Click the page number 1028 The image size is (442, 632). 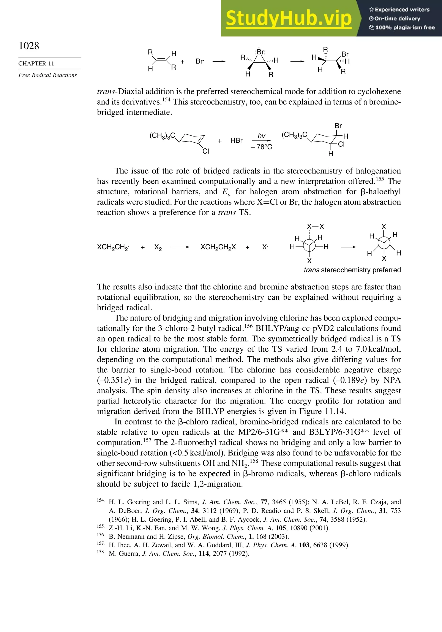(29, 46)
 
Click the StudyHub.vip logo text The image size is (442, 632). (289, 18)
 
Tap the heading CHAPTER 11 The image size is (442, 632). (36, 64)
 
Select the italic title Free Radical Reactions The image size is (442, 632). (47, 75)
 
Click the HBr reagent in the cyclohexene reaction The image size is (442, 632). (236, 141)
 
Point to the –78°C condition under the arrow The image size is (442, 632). (261, 147)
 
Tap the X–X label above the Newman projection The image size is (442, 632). (316, 227)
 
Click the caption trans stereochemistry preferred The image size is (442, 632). (352, 270)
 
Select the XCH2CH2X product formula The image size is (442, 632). (218, 247)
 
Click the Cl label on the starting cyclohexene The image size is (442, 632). (205, 151)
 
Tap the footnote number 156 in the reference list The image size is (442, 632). (101, 535)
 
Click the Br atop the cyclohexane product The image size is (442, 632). (338, 126)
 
